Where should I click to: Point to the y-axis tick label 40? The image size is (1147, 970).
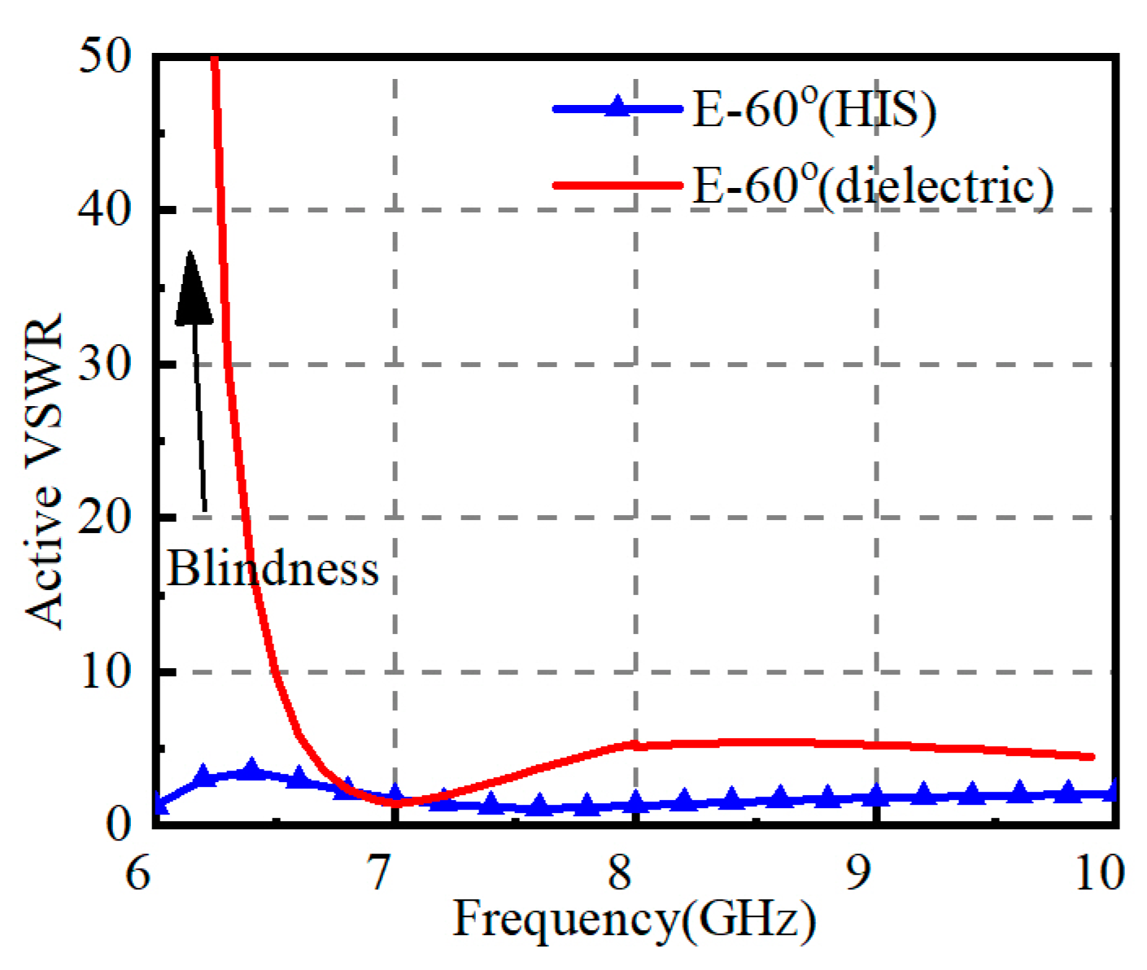[x=105, y=210]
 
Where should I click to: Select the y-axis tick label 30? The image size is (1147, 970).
[x=105, y=364]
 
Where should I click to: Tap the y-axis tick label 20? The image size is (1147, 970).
[x=105, y=518]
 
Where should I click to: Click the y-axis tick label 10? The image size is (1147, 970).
[x=105, y=671]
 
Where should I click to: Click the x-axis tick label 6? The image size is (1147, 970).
[x=138, y=874]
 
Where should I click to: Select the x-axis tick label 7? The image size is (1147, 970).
[x=380, y=874]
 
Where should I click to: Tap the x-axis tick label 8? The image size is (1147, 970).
[x=621, y=874]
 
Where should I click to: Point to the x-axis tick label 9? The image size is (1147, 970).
[x=860, y=874]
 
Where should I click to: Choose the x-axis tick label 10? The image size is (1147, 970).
[x=1099, y=874]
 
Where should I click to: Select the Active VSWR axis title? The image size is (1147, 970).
[x=44, y=470]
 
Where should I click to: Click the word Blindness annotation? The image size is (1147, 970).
[x=273, y=568]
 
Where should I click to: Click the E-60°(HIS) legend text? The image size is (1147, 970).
[x=813, y=108]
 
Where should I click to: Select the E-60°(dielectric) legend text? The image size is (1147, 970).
[x=872, y=185]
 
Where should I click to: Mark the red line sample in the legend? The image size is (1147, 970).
[x=618, y=185]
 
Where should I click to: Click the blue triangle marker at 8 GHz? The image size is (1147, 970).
[x=635, y=802]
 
